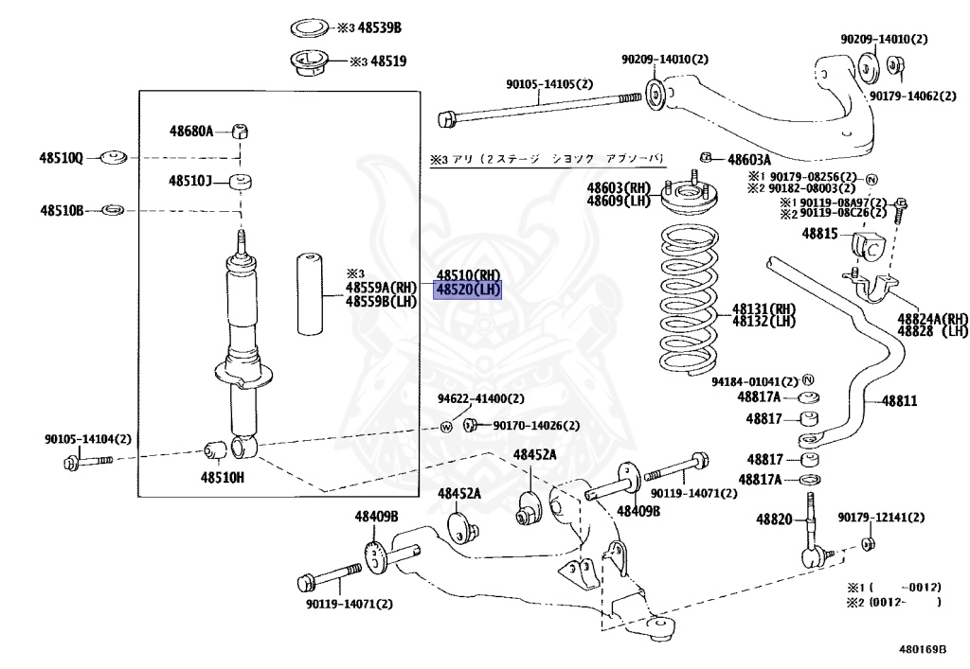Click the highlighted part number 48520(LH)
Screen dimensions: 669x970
click(x=467, y=289)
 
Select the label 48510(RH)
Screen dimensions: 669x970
click(x=468, y=274)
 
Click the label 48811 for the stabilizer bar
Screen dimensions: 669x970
click(x=900, y=401)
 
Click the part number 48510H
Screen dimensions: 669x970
click(x=221, y=477)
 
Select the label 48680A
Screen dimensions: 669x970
click(x=192, y=131)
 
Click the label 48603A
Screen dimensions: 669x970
click(x=748, y=160)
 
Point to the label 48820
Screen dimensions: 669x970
click(x=773, y=519)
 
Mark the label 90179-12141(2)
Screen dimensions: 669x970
click(x=881, y=518)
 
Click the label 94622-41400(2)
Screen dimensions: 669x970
click(x=480, y=398)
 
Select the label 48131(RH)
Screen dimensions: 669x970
click(x=763, y=308)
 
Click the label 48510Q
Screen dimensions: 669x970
click(x=62, y=157)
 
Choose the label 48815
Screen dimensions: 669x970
click(x=820, y=233)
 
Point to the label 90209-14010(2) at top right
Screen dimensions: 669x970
click(x=885, y=40)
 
